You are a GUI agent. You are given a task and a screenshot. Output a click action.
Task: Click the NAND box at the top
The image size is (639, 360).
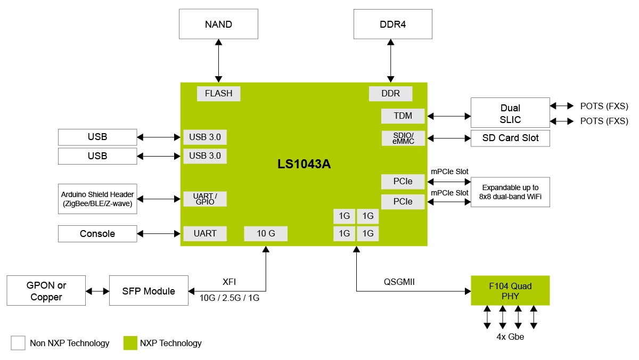point(218,24)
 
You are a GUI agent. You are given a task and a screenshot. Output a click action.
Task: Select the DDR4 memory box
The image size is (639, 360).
point(393,24)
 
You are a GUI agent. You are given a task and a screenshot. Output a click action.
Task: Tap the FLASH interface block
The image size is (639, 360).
point(218,93)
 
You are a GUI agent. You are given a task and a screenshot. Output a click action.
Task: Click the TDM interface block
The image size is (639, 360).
point(403,116)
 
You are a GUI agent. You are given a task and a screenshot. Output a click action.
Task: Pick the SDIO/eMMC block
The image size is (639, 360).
point(403,138)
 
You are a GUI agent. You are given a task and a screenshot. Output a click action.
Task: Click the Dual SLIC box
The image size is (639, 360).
point(510,113)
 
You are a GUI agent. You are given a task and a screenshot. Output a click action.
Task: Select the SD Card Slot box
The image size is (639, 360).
point(510,138)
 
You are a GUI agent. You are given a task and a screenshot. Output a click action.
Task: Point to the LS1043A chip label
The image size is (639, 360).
point(304,164)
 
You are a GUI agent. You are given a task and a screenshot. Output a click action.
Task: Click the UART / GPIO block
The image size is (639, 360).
point(205,199)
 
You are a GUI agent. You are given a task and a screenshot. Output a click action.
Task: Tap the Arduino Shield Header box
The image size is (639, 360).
point(97,199)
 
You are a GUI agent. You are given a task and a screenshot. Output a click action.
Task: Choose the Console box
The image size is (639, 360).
point(97,233)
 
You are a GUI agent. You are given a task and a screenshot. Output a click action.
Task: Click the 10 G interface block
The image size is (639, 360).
point(266,233)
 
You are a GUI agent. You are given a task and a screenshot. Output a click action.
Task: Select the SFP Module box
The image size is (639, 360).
point(149,291)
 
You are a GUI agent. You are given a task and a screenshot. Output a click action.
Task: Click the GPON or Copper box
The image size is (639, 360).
point(46,291)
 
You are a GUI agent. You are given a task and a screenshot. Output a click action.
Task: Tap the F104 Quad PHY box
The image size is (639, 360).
point(510,291)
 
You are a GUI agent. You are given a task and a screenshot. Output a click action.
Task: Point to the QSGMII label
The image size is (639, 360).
point(398,282)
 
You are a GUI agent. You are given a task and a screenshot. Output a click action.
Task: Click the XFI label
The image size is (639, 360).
point(229,282)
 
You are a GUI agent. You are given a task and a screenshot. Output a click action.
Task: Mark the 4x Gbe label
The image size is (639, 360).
point(510,337)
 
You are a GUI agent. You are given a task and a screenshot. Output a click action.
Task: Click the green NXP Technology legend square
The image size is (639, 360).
point(130,343)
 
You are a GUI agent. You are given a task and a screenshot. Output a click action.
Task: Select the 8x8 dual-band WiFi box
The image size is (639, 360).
point(510,192)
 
